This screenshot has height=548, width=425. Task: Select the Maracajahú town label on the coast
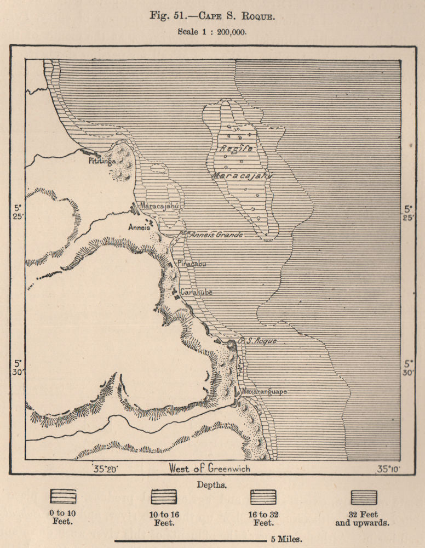160,206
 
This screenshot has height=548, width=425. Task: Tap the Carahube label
196,292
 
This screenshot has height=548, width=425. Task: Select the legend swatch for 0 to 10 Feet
63,497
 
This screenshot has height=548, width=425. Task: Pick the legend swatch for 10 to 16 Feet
164,497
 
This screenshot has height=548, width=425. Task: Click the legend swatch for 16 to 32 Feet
263,497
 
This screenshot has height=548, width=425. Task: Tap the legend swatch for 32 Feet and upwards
364,497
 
